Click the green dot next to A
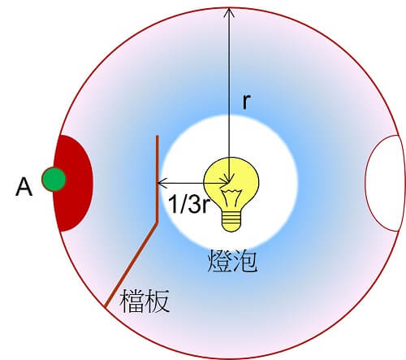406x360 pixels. tap(54, 180)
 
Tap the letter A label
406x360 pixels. tap(24, 187)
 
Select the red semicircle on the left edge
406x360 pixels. tap(73, 184)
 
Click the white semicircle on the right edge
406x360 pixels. tap(384, 184)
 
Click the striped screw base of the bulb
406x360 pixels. tap(231, 220)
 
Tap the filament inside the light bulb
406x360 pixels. tap(231, 197)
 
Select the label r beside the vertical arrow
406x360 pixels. tap(246, 102)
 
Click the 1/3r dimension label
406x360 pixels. tap(189, 204)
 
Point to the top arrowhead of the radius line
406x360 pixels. tap(229, 12)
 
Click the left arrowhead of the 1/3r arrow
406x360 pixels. tap(162, 184)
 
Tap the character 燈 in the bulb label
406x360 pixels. tap(218, 261)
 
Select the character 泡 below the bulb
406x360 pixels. tap(244, 261)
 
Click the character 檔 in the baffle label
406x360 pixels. tap(132, 301)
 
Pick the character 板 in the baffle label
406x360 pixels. tap(157, 301)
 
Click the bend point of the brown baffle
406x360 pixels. tap(157, 223)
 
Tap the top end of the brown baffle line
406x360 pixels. tap(157, 137)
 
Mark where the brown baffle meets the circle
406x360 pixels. tap(106, 307)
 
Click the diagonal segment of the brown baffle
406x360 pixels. tap(132, 265)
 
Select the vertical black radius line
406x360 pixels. tap(229, 95)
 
